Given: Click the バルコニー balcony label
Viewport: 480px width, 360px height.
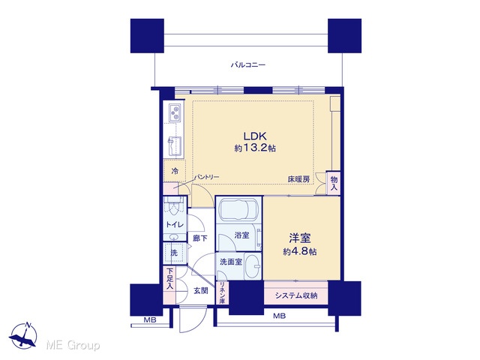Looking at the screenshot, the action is (x=248, y=65).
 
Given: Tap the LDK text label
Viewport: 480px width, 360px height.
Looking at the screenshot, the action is (x=255, y=136).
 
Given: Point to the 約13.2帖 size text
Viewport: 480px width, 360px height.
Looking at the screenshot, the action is (x=255, y=148).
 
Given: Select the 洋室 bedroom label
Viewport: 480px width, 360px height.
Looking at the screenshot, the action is (x=300, y=238).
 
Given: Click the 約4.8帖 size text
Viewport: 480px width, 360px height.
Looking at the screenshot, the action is (x=300, y=252).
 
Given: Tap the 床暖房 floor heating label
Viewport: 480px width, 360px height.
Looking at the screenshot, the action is (x=298, y=180).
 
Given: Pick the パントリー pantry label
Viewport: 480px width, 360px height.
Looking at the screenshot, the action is (x=208, y=177).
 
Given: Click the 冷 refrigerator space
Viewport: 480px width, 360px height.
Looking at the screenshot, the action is (x=175, y=171).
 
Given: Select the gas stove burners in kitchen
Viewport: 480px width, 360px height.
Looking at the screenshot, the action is (x=175, y=112).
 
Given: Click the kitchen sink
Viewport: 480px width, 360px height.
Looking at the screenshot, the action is (x=175, y=146).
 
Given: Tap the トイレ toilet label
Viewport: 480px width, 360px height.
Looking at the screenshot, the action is (x=175, y=225).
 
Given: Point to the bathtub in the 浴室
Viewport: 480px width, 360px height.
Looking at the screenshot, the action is (x=238, y=210).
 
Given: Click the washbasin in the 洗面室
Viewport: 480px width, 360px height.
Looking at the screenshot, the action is (x=253, y=266).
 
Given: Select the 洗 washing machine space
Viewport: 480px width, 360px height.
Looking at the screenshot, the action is (x=175, y=253).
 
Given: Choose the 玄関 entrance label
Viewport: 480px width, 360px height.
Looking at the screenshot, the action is (x=201, y=290).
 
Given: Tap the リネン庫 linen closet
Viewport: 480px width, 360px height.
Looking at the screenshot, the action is (x=222, y=293).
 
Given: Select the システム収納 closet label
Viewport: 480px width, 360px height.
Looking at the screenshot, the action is (x=296, y=295).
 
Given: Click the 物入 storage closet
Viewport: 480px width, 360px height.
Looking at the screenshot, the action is (x=334, y=183).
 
